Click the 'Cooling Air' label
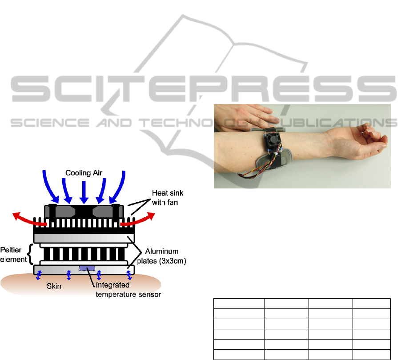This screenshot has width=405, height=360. click(x=84, y=173)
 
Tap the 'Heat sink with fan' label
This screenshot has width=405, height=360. click(x=168, y=198)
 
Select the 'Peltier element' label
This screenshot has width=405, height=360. click(x=13, y=255)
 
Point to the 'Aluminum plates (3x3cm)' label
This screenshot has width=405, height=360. click(x=162, y=256)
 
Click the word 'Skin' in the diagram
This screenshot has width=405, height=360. click(x=54, y=286)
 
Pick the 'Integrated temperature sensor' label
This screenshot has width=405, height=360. click(x=128, y=290)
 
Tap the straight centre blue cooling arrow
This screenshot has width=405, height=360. click(x=84, y=192)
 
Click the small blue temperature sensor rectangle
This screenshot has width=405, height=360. click(x=87, y=268)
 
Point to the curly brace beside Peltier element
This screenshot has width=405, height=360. click(x=31, y=254)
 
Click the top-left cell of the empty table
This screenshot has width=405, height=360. click(x=239, y=304)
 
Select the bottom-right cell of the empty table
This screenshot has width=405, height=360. click(x=372, y=355)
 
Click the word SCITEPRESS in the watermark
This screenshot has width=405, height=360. click(x=203, y=89)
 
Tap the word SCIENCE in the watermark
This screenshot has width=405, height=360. click(x=50, y=123)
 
